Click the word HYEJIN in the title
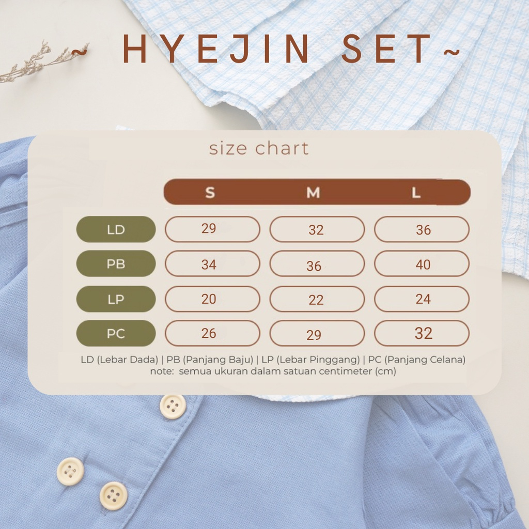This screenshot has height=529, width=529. (215, 49)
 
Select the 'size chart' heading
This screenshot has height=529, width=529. (259, 149)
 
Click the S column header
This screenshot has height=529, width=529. (210, 193)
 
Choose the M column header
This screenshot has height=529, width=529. (313, 193)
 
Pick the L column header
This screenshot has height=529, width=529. (416, 193)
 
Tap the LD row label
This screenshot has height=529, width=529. (116, 229)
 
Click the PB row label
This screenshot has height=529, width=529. (116, 264)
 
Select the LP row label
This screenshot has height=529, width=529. (116, 299)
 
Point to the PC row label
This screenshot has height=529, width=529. (116, 333)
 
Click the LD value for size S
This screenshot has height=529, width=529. (212, 229)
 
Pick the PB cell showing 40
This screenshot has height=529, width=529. (422, 264)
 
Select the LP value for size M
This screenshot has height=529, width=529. (317, 299)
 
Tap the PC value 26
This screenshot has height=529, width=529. (212, 333)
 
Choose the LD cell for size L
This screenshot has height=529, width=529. (422, 229)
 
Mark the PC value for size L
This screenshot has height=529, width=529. (422, 333)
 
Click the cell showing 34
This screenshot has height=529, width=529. (212, 264)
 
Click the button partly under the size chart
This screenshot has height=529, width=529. (173, 406)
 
